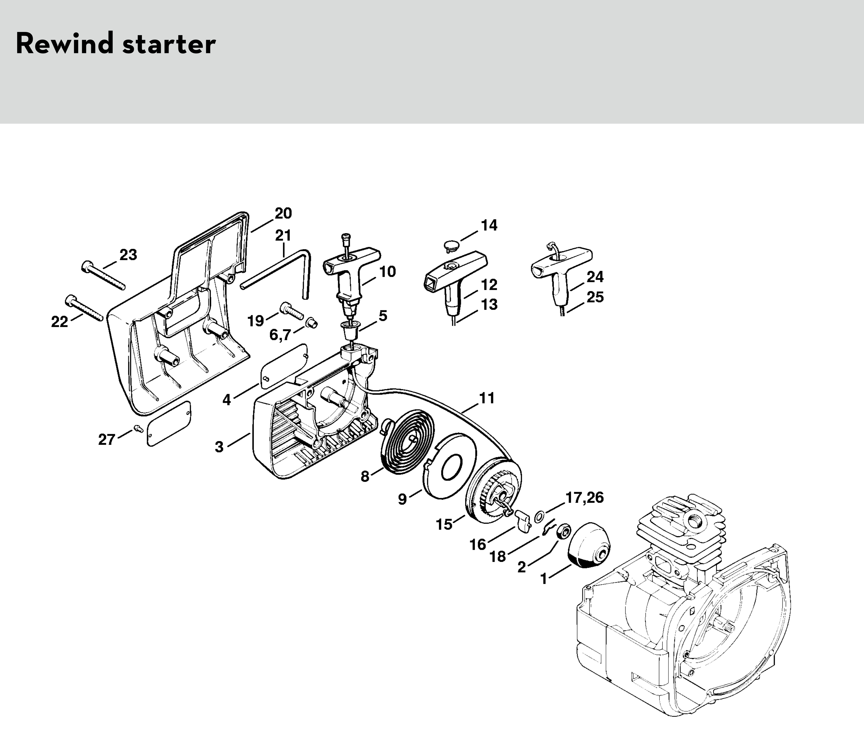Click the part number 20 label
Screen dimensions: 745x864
coord(283,213)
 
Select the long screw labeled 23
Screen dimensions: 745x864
coord(104,275)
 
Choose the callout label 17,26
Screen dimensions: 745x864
coord(584,498)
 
